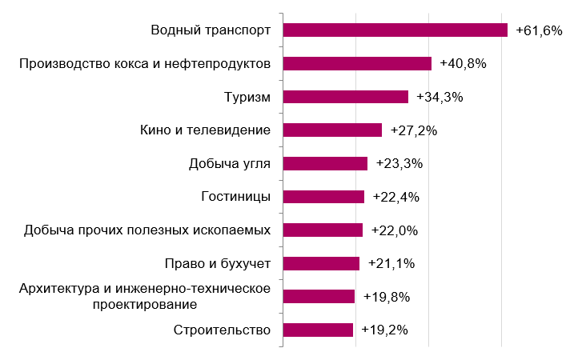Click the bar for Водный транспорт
[x=395, y=30]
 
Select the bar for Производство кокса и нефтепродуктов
[x=357, y=64]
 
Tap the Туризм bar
[x=346, y=97]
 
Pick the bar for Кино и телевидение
[x=332, y=130]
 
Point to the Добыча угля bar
[x=325, y=163]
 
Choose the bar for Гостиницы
[x=323, y=197]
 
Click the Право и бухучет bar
[x=321, y=263]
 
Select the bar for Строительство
[x=318, y=330]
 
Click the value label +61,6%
[x=539, y=30]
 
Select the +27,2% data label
[x=413, y=130]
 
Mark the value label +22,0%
[x=395, y=230]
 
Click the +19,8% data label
[x=387, y=297]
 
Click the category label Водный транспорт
[x=211, y=30]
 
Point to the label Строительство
[x=222, y=330]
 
